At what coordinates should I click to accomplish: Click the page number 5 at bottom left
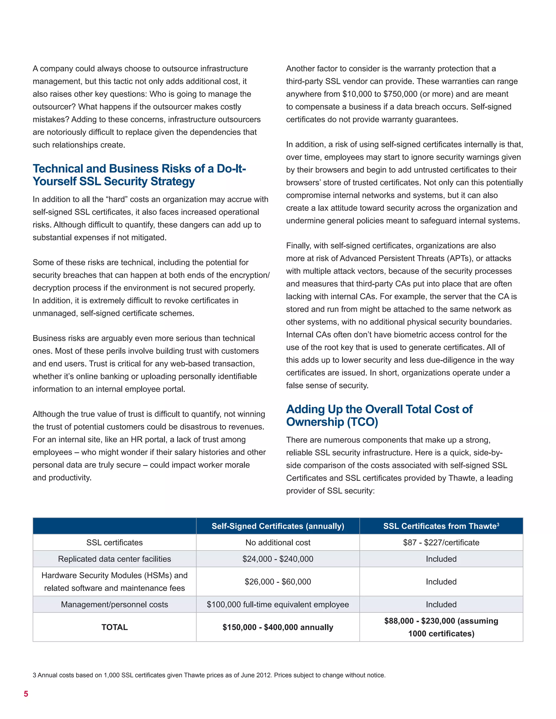pos(26,694)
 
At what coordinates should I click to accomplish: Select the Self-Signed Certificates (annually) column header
pos(278,526)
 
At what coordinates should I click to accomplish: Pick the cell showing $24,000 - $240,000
pos(278,559)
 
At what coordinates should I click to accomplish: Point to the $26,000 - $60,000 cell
pos(278,581)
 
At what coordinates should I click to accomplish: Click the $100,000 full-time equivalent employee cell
pos(278,604)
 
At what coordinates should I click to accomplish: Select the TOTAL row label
pos(114,627)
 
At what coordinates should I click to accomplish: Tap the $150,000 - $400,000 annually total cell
pos(278,627)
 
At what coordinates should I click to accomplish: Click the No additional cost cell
pos(278,542)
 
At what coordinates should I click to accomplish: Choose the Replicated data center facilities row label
pos(114,559)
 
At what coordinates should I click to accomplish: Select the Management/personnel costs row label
pos(114,604)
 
